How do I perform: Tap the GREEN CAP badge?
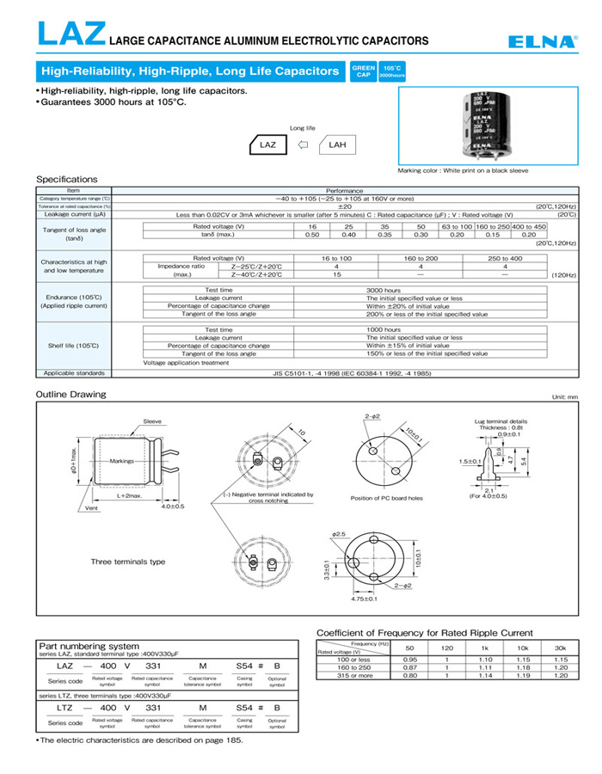(x=363, y=71)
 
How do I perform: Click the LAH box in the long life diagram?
(x=336, y=145)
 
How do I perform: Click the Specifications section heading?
(x=67, y=179)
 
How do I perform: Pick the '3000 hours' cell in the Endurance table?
(x=384, y=291)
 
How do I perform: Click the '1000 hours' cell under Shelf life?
(x=384, y=330)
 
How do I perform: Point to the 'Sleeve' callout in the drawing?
(x=152, y=421)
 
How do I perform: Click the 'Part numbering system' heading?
(x=89, y=646)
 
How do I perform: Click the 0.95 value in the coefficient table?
(x=409, y=660)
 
